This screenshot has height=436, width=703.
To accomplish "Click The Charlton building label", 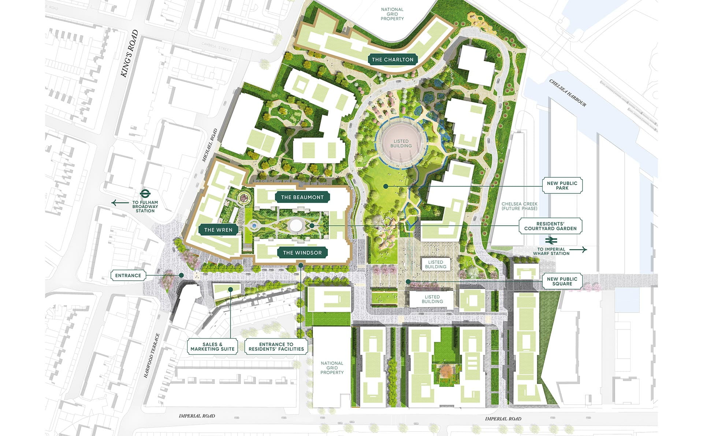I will [392, 60].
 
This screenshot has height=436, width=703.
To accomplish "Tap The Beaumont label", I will [302, 197].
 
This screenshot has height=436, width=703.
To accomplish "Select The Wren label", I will [218, 230].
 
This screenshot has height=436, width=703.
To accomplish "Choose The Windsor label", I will [302, 253].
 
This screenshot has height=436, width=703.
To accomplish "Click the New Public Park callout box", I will [562, 186].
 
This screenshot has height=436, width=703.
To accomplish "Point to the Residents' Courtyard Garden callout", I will [550, 226].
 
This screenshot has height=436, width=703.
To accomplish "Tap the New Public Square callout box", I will [562, 281].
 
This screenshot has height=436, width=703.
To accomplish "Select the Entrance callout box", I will [128, 276].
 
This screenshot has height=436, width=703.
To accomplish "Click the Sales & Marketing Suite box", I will [212, 347].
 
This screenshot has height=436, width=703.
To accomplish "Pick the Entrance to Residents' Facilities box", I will [276, 347].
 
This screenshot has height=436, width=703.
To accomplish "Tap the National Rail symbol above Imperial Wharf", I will [551, 241].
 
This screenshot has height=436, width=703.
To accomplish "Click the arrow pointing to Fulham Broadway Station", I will [120, 203].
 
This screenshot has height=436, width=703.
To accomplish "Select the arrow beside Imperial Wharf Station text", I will [579, 250].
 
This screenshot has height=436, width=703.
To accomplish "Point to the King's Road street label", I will [130, 53].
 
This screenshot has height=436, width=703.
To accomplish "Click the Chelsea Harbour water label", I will [568, 93].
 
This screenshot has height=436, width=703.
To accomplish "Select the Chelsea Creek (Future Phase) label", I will [519, 206].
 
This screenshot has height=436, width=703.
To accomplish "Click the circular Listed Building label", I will [401, 144].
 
